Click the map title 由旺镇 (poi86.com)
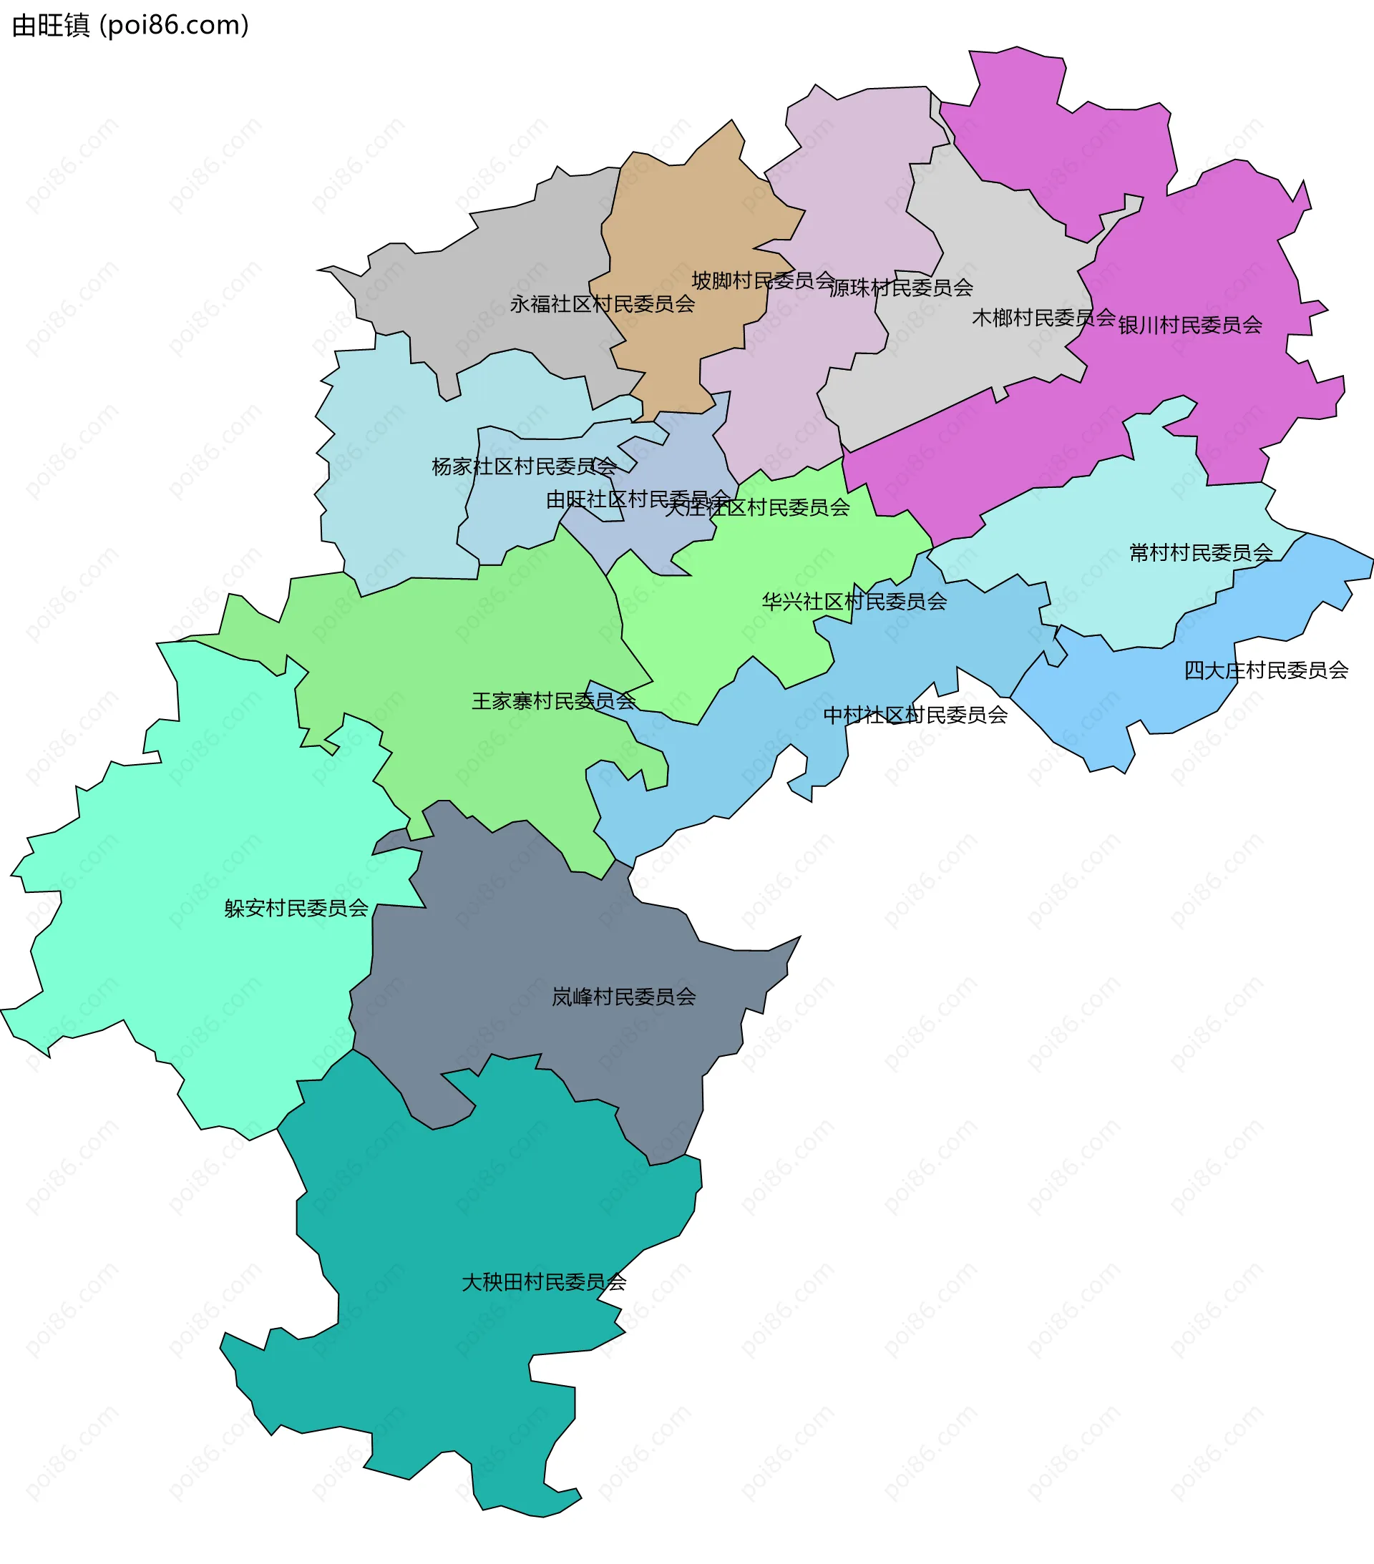point(130,26)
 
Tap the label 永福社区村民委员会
point(603,305)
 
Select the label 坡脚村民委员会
point(762,280)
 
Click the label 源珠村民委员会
point(901,288)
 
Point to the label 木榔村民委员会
point(1043,318)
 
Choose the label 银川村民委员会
point(1190,326)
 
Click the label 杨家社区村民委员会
point(525,466)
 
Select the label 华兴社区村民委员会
point(854,602)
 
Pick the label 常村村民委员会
point(1201,552)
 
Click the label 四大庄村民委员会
point(1266,671)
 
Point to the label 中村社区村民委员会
point(915,715)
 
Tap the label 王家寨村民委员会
point(553,702)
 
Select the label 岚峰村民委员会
point(624,998)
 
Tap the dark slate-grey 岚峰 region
point(536,957)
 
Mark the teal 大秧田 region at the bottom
point(459,1377)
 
